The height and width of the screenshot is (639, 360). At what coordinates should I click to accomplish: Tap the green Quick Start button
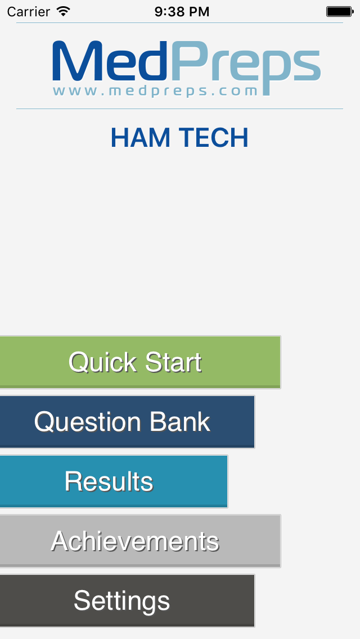tap(135, 362)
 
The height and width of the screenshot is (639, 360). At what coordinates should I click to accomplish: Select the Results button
tap(109, 481)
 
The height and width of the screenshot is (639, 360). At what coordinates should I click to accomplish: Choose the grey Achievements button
tap(135, 541)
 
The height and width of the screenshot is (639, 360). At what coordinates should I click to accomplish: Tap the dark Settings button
tap(122, 601)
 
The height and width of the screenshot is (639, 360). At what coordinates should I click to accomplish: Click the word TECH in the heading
tap(214, 138)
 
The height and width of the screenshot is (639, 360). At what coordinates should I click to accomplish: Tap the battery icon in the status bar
tap(339, 11)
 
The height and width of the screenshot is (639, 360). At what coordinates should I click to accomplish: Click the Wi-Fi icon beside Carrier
tap(64, 11)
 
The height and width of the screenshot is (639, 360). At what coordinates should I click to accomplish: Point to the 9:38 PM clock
tap(181, 11)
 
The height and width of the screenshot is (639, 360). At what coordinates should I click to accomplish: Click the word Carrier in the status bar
tap(28, 11)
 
